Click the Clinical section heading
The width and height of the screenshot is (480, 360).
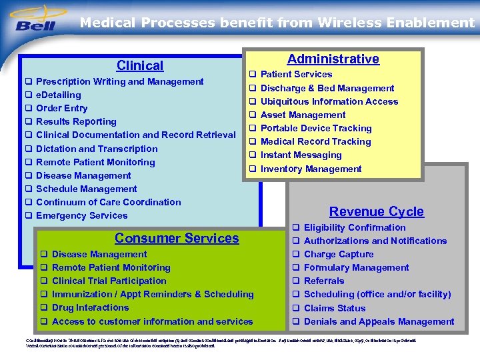(139, 65)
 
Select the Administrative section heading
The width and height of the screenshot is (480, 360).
(333, 59)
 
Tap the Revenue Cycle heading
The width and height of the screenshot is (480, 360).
(376, 211)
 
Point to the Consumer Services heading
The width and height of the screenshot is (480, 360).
(177, 238)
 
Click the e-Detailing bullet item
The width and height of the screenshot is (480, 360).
(59, 95)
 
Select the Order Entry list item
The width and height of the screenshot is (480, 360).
(62, 108)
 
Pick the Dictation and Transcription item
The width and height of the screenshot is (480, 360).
(97, 149)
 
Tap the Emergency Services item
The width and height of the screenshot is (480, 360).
(81, 215)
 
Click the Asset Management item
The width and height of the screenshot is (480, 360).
(303, 115)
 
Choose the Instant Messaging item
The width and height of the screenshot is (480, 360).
(301, 155)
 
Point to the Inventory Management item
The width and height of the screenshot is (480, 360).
(311, 169)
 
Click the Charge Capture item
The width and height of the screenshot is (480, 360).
(339, 254)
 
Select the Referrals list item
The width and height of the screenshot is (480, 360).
(324, 281)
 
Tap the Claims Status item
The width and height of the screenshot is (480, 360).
(335, 308)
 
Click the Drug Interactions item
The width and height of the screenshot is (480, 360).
(90, 307)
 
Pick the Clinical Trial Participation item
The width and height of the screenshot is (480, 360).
(109, 281)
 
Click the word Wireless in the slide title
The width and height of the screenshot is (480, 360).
(345, 23)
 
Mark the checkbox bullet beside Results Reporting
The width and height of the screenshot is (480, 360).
(29, 122)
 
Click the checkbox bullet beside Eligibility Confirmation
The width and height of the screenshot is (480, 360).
(295, 228)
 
